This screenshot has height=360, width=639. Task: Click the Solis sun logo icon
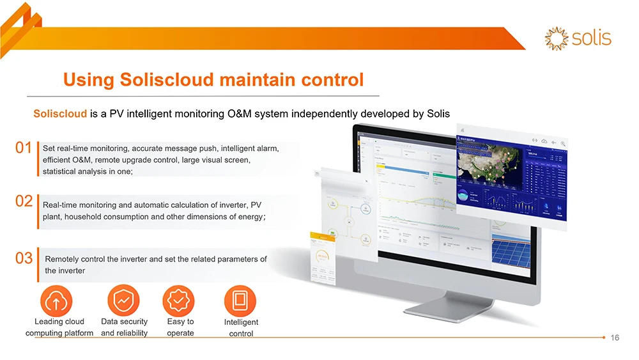pyautogui.click(x=556, y=38)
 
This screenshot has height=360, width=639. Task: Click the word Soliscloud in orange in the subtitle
pyautogui.click(x=60, y=114)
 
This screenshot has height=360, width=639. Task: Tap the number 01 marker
pyautogui.click(x=24, y=148)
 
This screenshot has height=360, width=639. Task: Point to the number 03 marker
pyautogui.click(x=24, y=258)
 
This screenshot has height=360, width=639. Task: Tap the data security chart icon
pyautogui.click(x=123, y=301)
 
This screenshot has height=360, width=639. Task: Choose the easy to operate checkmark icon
pyautogui.click(x=179, y=301)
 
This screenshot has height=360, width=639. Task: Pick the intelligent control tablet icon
pyautogui.click(x=240, y=301)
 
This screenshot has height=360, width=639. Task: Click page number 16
pyautogui.click(x=615, y=338)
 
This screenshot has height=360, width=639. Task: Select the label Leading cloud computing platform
pyautogui.click(x=59, y=327)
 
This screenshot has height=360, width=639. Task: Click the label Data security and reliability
pyautogui.click(x=124, y=327)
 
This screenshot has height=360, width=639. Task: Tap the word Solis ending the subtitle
pyautogui.click(x=438, y=114)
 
